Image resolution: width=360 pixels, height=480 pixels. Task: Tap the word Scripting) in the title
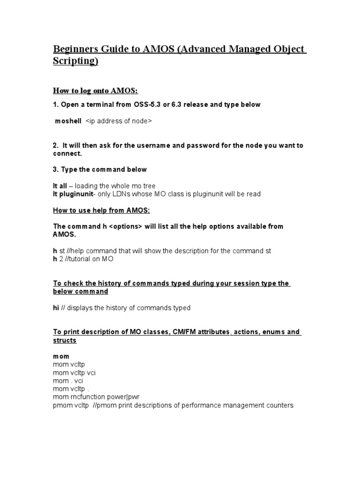click(x=75, y=62)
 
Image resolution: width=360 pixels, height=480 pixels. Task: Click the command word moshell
click(x=68, y=121)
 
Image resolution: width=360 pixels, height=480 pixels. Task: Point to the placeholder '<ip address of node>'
click(x=119, y=121)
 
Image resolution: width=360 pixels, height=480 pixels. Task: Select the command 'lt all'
click(x=60, y=186)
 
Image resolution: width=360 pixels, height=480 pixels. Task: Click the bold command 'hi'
click(x=56, y=308)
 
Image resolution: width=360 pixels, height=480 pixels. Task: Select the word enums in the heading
click(x=272, y=332)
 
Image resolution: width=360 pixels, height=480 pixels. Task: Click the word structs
click(x=65, y=340)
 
